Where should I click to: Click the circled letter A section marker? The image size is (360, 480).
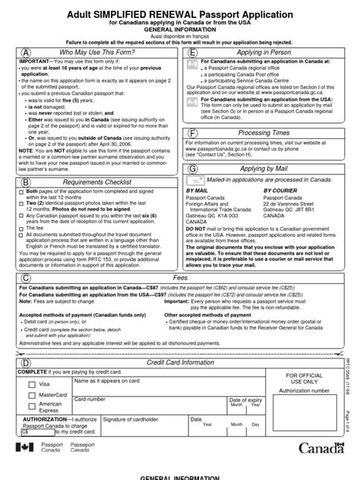tap(27, 52)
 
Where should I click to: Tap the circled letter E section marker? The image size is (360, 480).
tap(194, 52)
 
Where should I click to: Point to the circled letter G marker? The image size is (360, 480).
tap(194, 169)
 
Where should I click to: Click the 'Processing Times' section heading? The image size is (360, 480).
tap(264, 133)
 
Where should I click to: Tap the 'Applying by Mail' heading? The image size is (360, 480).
tap(264, 169)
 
